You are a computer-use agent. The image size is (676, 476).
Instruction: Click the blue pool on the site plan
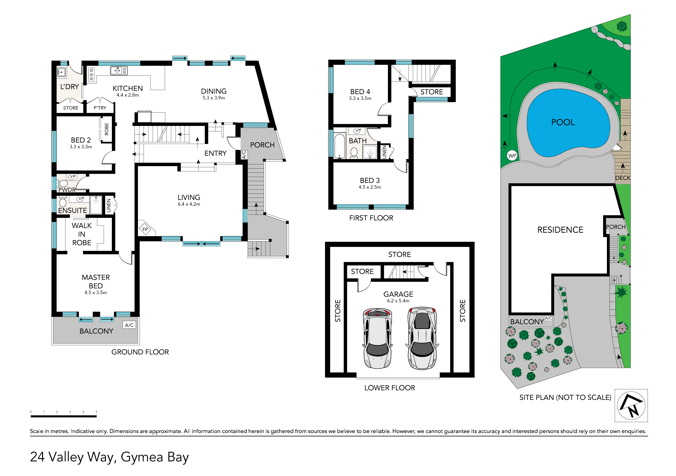pyautogui.click(x=567, y=123)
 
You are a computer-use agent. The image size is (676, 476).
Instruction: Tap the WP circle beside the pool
pyautogui.click(x=512, y=156)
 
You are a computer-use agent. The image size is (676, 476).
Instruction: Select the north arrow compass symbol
pyautogui.click(x=631, y=405)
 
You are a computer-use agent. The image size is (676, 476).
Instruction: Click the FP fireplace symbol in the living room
pyautogui.click(x=145, y=229)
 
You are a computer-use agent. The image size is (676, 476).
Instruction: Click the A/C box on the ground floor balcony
pyautogui.click(x=129, y=325)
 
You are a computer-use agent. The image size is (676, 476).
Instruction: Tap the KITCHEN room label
pyautogui.click(x=128, y=88)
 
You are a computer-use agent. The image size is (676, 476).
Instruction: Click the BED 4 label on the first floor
pyautogui.click(x=360, y=92)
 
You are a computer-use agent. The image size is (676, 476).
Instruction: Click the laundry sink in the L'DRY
pyautogui.click(x=61, y=72)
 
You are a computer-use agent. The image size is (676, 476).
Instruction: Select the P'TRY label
pyautogui.click(x=100, y=108)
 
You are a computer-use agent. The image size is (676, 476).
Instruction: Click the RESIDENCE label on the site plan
pyautogui.click(x=560, y=230)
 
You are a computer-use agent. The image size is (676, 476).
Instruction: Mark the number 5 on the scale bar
pyautogui.click(x=96, y=411)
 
